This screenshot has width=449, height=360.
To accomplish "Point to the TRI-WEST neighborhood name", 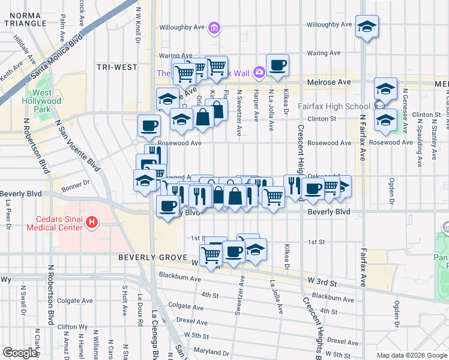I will click(117, 67).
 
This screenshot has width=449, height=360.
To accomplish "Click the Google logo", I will click(20, 353).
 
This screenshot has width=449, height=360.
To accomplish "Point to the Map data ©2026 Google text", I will click(412, 355).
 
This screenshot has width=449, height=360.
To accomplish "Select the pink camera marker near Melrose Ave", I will click(259, 73).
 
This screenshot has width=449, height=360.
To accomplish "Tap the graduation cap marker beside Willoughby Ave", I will click(367, 27).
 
